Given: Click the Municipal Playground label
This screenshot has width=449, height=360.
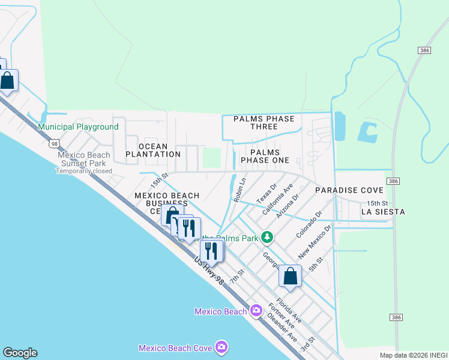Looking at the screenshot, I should coord(78,127).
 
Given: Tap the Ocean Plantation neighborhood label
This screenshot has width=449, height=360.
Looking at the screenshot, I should coord(153,150).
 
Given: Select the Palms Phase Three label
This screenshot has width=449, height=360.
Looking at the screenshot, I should coord(264,122).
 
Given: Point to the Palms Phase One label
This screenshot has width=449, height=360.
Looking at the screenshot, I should coord(265,156).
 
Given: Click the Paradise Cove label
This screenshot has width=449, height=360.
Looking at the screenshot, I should coord(345,190).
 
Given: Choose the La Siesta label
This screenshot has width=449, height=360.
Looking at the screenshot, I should coord(383,212).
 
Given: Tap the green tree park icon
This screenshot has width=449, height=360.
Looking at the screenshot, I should coord(268,238).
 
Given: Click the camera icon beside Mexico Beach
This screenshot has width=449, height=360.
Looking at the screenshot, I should coord(256,311).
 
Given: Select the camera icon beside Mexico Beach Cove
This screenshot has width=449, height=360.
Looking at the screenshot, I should coord(221,347).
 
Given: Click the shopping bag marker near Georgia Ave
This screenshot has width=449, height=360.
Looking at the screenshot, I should coord(291,276).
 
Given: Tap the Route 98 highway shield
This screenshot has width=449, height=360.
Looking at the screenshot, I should coord(55,143).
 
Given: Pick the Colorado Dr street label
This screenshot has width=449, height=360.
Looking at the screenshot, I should coord(310,222).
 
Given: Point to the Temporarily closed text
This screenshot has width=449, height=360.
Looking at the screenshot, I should coord(81,170).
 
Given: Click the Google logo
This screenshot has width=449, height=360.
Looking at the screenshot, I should coord(20,353).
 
